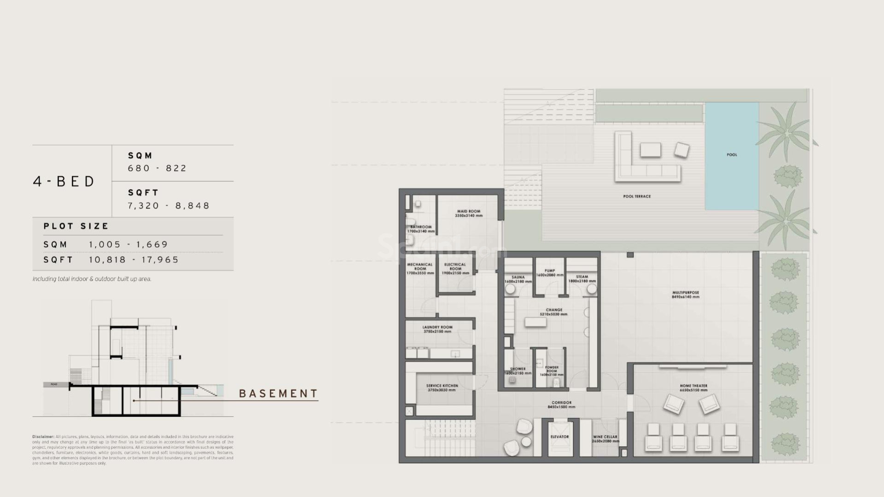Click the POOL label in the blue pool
tap(732, 155)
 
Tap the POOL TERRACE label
tap(637, 196)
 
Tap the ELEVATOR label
tap(559, 437)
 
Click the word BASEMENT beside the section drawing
tap(279, 394)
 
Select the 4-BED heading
tap(64, 181)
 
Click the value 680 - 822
tap(157, 168)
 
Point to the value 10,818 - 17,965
tap(134, 260)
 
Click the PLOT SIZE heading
tap(76, 226)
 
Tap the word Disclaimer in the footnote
tap(43, 437)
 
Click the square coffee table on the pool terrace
tap(650, 150)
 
